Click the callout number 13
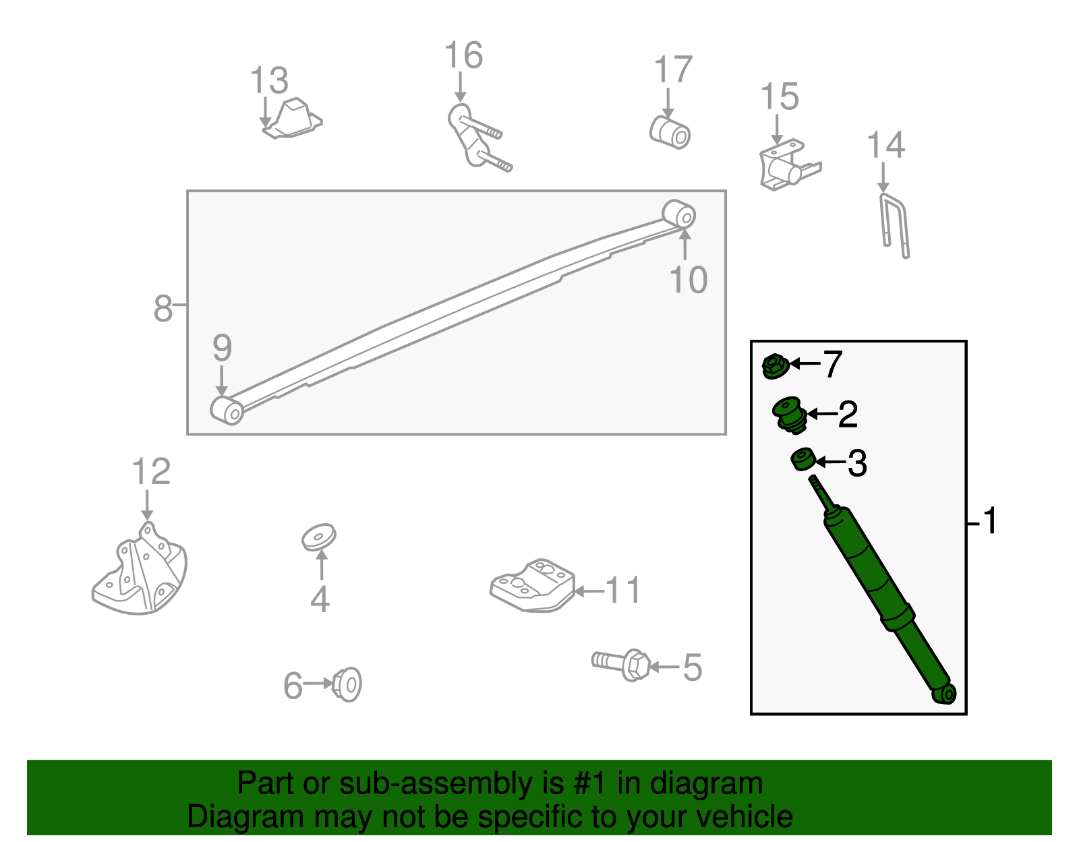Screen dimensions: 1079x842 pos(268,80)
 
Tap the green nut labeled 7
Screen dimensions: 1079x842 pos(775,367)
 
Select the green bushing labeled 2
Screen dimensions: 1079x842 pos(790,415)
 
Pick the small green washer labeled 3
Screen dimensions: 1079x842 pos(803,459)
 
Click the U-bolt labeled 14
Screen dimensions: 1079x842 pos(894,226)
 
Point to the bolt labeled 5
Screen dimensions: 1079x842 pos(621,665)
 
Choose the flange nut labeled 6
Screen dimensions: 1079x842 pos(347,685)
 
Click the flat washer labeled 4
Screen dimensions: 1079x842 pos(319,537)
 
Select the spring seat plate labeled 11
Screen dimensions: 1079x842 pos(532,586)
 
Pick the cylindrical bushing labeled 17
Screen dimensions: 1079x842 pos(670,133)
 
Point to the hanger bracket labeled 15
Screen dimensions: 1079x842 pos(789,164)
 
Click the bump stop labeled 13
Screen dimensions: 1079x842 pos(293,119)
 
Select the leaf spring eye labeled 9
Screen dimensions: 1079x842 pos(227,411)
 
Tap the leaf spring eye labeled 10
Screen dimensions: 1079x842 pos(679,214)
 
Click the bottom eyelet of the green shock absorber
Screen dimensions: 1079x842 pos(944,694)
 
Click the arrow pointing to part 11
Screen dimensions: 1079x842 pos(589,591)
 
